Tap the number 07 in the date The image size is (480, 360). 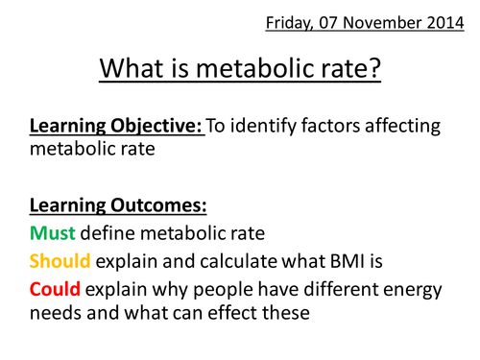tap(328, 23)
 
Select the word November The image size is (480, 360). tap(382, 23)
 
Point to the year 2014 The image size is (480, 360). tap(445, 23)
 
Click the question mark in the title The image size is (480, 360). tap(373, 68)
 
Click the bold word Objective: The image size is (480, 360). tap(156, 127)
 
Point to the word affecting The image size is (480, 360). tap(402, 127)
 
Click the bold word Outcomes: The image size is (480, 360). tap(158, 205)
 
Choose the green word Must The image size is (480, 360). tap(53, 233)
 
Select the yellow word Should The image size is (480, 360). tap(60, 261)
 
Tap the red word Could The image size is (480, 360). tap(55, 289)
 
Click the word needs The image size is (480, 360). tap(56, 313)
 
